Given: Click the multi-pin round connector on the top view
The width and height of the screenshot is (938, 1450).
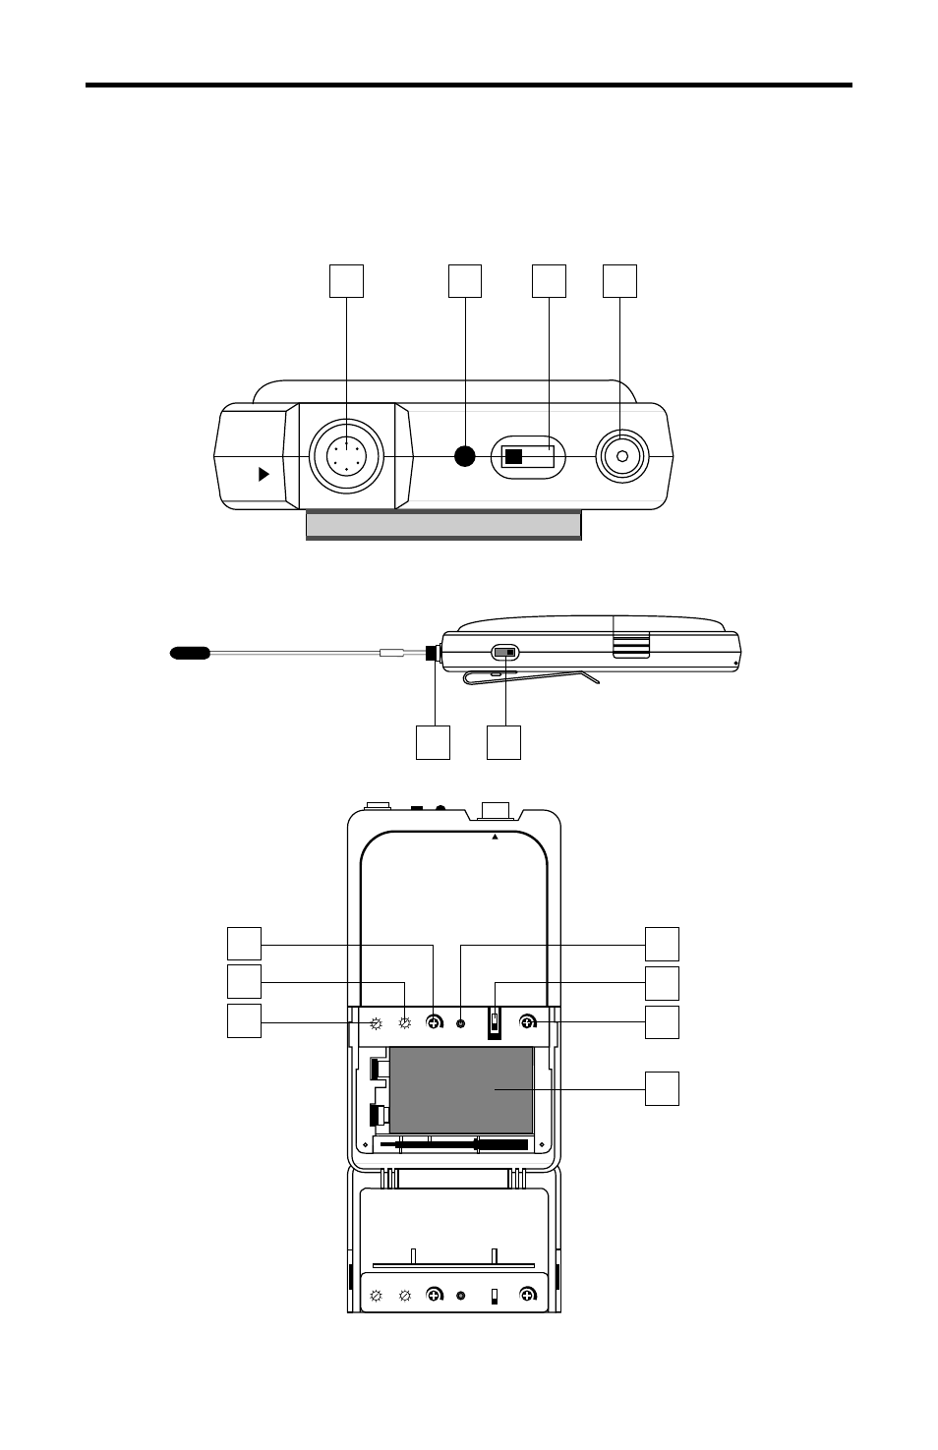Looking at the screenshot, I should click(x=346, y=456).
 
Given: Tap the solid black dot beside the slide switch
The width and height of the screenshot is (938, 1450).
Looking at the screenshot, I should click(x=464, y=456).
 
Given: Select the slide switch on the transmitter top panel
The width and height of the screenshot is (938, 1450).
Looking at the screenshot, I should click(x=528, y=457).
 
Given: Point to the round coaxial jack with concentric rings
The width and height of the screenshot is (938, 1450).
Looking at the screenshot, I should click(x=620, y=456).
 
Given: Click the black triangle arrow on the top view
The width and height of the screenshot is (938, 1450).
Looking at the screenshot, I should click(x=263, y=475).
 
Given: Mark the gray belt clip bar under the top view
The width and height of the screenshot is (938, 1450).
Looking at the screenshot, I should click(x=443, y=525).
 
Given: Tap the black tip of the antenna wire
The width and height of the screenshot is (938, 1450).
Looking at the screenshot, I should click(x=190, y=652).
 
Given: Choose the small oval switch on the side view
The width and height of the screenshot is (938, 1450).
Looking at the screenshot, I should click(x=504, y=652).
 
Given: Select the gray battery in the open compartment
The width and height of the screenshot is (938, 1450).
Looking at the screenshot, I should click(x=461, y=1089).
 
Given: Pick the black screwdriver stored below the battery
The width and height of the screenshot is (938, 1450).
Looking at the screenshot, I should click(x=460, y=1144).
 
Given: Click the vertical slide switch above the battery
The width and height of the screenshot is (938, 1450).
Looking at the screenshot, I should click(x=495, y=1023).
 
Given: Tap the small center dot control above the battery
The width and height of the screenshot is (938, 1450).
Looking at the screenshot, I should click(x=461, y=1023).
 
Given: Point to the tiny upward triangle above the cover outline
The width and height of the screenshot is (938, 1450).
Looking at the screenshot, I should click(x=496, y=838).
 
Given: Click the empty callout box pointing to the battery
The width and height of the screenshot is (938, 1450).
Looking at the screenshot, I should click(x=662, y=1089).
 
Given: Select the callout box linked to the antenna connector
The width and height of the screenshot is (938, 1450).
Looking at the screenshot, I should click(x=433, y=742).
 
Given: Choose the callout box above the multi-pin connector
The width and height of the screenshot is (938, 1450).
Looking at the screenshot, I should click(x=346, y=280).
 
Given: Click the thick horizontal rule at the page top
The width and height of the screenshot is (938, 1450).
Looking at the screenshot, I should click(x=468, y=86).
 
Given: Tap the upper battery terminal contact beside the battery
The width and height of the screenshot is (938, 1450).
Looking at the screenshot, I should click(x=377, y=1069).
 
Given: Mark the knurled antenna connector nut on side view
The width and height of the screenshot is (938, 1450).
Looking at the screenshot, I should click(x=432, y=652).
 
